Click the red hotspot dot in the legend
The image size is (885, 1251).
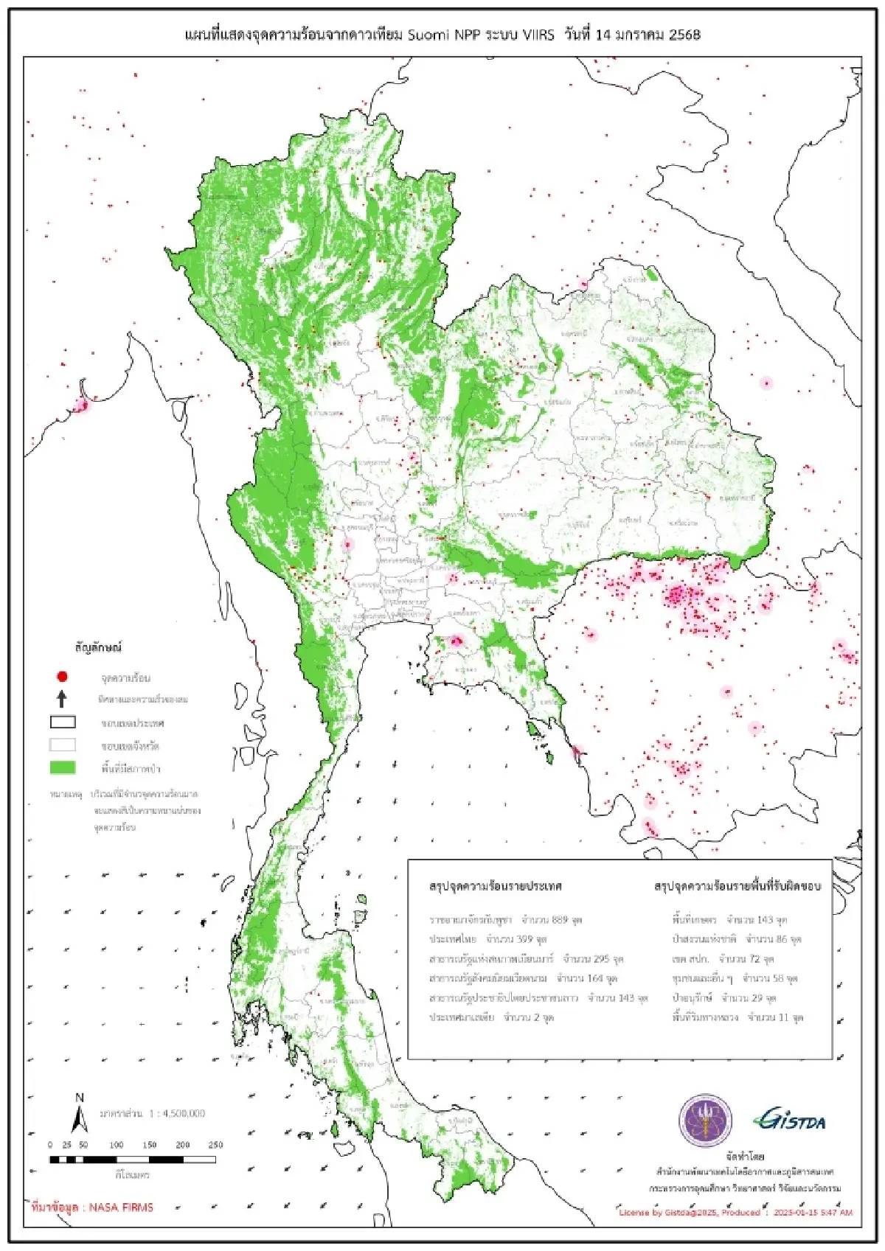pyautogui.click(x=63, y=676)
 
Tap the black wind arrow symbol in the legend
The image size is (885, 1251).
pyautogui.click(x=63, y=699)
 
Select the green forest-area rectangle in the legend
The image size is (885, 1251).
pyautogui.click(x=63, y=768)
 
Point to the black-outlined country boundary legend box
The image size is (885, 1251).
pyautogui.click(x=63, y=722)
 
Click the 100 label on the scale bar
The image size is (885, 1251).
pyautogui.click(x=117, y=1145)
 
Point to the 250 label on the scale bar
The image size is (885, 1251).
pyautogui.click(x=215, y=1145)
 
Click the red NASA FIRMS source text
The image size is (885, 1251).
pyautogui.click(x=93, y=1208)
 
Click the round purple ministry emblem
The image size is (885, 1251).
pyautogui.click(x=705, y=1121)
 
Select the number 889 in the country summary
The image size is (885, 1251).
pyautogui.click(x=560, y=920)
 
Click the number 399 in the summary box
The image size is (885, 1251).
pyautogui.click(x=524, y=939)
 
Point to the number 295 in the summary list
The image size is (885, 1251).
pyautogui.click(x=601, y=959)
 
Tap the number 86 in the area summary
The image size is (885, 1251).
pyautogui.click(x=782, y=939)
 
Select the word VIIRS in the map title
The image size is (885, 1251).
pyautogui.click(x=538, y=35)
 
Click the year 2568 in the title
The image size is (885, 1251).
pyautogui.click(x=684, y=35)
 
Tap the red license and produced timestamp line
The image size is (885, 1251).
pyautogui.click(x=735, y=1212)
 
